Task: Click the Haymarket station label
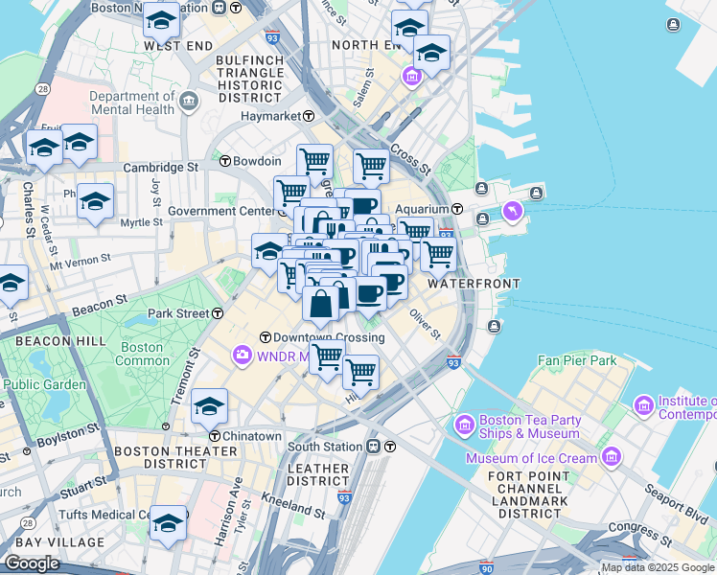[269, 116]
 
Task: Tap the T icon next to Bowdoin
[226, 161]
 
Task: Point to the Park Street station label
[178, 313]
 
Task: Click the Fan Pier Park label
[576, 360]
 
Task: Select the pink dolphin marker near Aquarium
[513, 211]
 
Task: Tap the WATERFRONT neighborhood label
[474, 284]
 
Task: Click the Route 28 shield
[43, 89]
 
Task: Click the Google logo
[32, 563]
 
